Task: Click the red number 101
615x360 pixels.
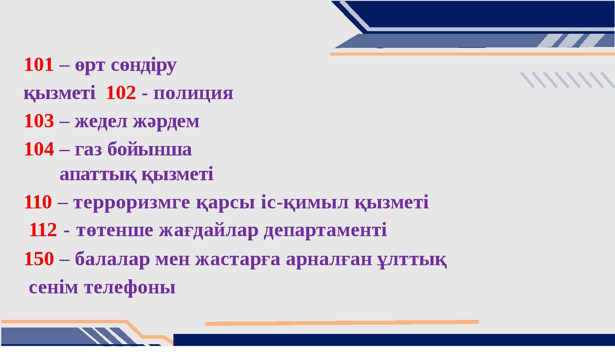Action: (39, 65)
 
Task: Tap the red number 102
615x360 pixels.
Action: (121, 93)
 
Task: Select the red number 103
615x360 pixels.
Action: (39, 122)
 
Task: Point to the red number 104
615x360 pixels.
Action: (39, 149)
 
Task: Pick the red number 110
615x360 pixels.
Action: (38, 202)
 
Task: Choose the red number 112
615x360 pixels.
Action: (43, 231)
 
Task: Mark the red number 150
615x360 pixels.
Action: (39, 259)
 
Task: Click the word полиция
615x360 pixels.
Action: (193, 93)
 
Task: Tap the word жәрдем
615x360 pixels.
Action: (166, 122)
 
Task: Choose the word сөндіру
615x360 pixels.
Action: (143, 66)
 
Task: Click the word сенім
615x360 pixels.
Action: (54, 288)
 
